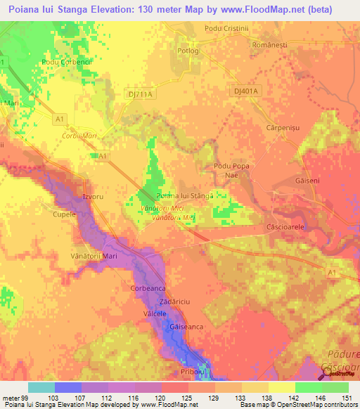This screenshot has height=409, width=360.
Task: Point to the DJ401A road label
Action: click(x=245, y=91)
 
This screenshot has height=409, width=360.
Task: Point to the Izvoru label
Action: click(x=93, y=197)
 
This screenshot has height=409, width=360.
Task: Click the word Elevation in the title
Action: click(x=112, y=9)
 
